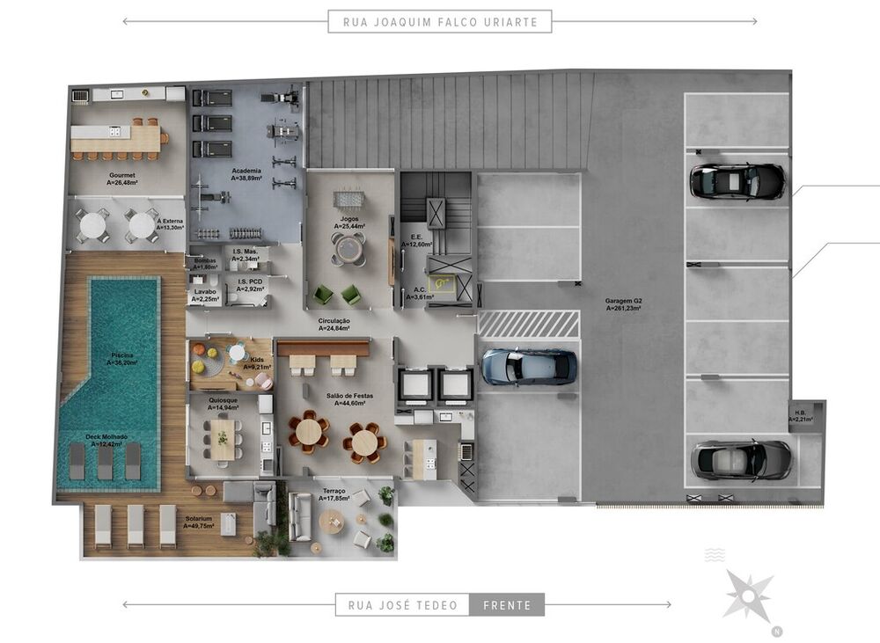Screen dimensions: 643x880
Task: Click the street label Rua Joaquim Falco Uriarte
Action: (x=440, y=21)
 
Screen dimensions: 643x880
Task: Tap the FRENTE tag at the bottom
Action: (x=507, y=605)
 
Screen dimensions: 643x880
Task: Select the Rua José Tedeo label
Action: (x=403, y=605)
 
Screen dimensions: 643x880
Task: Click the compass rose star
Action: (x=749, y=596)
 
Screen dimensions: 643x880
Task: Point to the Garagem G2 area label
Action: (x=623, y=304)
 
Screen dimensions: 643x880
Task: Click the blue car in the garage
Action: (x=530, y=367)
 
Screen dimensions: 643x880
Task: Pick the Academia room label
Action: (x=246, y=173)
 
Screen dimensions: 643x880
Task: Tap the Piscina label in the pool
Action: (x=122, y=358)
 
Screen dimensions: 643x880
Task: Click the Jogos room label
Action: (x=349, y=221)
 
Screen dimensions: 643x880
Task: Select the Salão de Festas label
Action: (x=349, y=400)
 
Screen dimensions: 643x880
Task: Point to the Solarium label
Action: (x=202, y=522)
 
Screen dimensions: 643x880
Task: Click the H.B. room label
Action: (x=800, y=416)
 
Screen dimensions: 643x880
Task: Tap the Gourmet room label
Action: (x=122, y=179)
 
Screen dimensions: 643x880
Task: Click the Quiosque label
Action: (x=223, y=405)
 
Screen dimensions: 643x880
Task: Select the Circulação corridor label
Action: (x=334, y=325)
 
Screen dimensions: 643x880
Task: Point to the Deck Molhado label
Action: (x=106, y=440)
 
